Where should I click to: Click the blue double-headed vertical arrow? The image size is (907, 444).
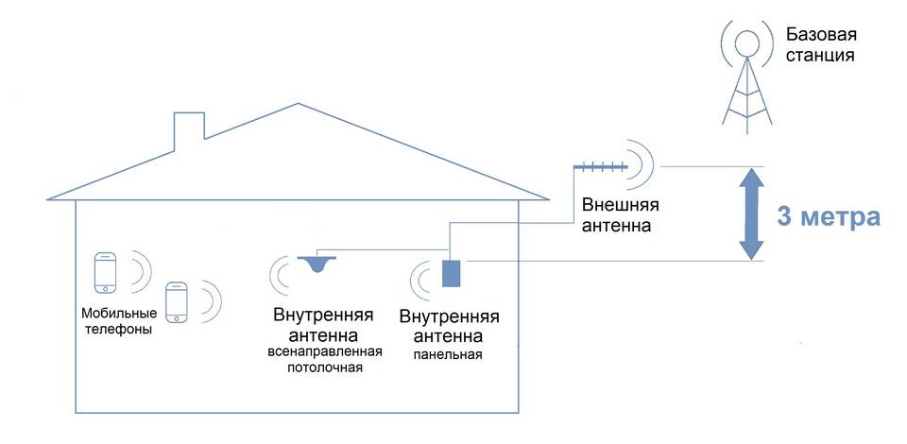[x=751, y=213]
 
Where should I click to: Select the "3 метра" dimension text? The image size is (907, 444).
[x=829, y=216]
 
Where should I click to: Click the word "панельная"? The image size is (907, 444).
[x=449, y=355]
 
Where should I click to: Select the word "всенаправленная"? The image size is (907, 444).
[x=323, y=352]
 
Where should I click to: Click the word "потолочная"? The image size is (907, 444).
[x=324, y=367]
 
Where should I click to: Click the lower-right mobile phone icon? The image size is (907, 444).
[x=177, y=302]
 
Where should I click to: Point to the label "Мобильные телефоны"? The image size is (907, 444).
[x=116, y=322]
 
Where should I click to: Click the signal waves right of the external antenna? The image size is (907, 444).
[x=641, y=163]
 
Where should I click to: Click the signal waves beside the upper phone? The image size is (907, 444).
[x=140, y=269]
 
